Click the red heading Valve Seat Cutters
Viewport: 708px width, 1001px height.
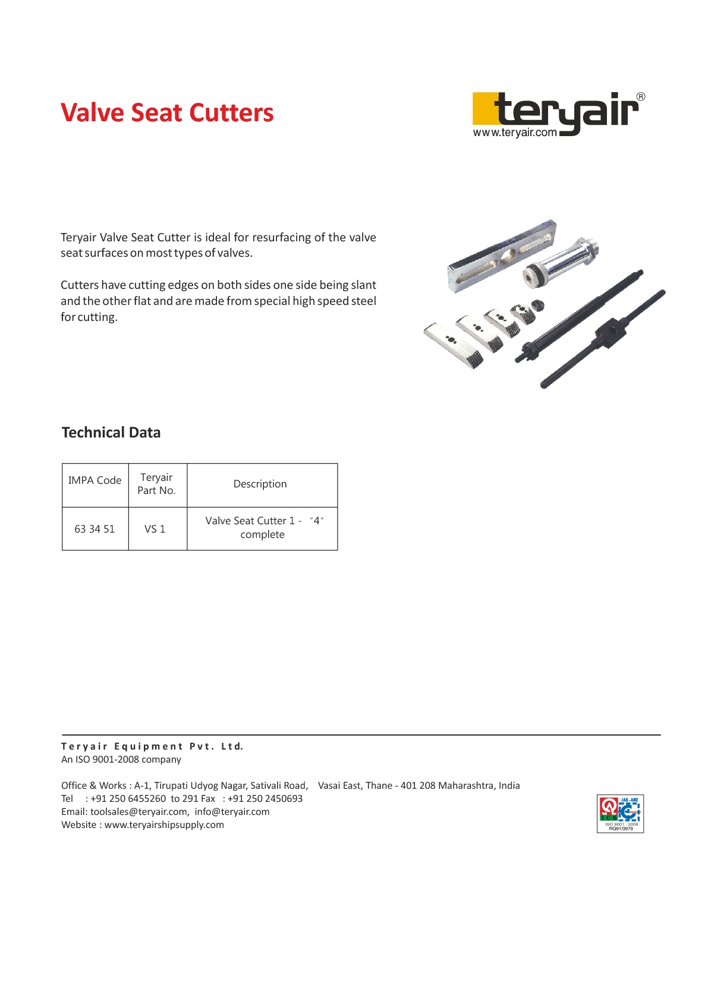[167, 113]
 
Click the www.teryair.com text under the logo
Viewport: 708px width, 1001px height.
[515, 133]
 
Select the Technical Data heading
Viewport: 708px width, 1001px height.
[111, 432]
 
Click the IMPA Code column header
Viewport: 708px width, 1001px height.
[95, 480]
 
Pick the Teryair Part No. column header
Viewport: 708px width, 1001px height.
[156, 484]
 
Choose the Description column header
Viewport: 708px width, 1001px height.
[260, 484]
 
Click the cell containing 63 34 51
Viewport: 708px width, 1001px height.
[95, 529]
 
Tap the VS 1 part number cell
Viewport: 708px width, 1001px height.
[155, 529]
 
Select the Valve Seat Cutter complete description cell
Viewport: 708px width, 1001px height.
[262, 528]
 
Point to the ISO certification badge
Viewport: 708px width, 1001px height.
[620, 813]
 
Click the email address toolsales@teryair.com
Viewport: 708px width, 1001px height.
[139, 812]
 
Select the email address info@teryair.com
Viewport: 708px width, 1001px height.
[232, 812]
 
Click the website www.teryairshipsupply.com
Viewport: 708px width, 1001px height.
[164, 825]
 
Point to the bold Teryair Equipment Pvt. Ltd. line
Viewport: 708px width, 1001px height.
[152, 747]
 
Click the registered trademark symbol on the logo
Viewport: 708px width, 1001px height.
[641, 97]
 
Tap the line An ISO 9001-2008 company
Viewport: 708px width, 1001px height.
[121, 760]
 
